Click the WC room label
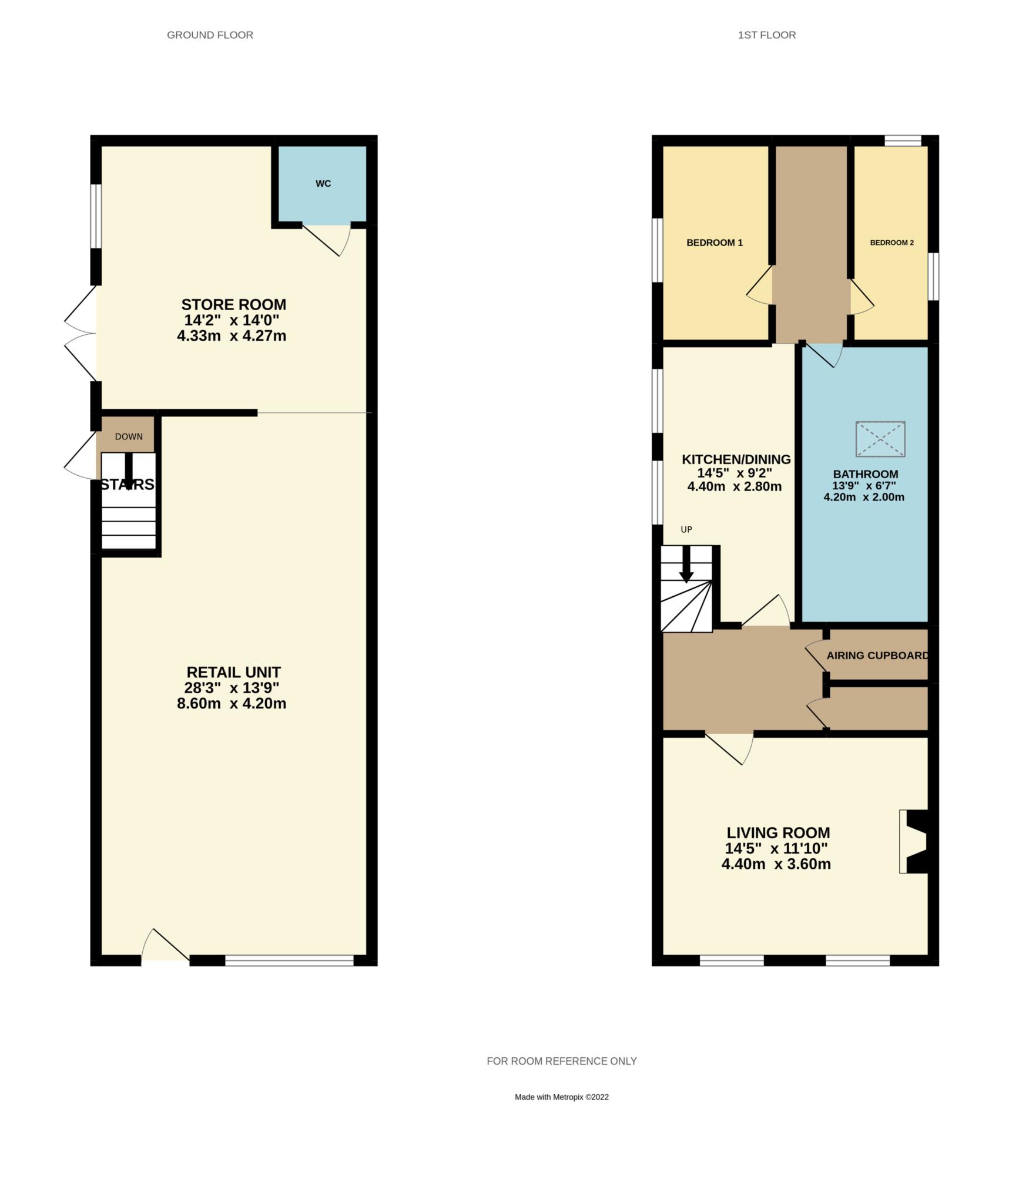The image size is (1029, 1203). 323,184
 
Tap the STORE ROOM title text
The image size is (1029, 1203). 233,305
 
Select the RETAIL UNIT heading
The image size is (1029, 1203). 233,673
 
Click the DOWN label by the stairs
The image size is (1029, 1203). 129,436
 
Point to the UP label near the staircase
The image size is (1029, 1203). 686,530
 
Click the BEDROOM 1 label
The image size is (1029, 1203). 715,243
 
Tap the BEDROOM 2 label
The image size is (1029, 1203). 891,243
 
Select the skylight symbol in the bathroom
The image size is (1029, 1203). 880,439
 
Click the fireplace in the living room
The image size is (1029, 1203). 914,842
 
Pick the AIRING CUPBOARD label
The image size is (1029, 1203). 878,656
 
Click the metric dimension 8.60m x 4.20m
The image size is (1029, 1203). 232,704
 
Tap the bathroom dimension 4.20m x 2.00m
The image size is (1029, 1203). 864,497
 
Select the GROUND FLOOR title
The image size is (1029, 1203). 210,35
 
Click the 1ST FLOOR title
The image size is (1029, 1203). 767,35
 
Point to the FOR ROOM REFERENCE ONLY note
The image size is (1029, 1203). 562,1061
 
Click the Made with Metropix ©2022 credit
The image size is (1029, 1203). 562,1097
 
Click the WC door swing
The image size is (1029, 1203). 326,240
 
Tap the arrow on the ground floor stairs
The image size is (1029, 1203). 129,472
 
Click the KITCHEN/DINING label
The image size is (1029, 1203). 736,459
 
